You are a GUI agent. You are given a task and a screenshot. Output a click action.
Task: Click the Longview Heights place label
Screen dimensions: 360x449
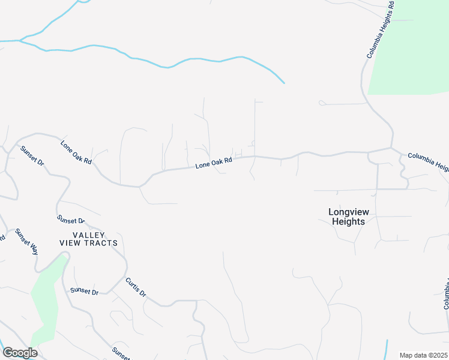coord(348,217)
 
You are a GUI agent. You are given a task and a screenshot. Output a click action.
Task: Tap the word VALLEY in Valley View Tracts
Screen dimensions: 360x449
coord(89,235)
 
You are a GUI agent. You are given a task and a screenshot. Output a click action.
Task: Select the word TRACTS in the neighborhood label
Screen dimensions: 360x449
coord(98,243)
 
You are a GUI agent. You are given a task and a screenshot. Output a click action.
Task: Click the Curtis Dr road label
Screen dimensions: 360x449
coord(136,287)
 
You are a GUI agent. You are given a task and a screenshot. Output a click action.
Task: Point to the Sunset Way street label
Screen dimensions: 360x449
coord(26,241)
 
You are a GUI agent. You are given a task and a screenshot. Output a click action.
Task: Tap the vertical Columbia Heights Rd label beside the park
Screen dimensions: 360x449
coord(380,30)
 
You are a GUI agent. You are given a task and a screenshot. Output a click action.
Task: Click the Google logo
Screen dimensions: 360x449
coord(20,353)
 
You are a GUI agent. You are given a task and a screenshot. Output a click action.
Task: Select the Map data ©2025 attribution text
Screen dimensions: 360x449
coord(423,355)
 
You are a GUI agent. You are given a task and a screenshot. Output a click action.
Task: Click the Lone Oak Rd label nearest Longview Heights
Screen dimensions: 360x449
coord(213,164)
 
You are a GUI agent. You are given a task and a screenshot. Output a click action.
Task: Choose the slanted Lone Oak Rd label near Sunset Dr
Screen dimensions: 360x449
coord(76,152)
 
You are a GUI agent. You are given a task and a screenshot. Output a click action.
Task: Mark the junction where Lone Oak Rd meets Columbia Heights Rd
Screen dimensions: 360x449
coord(391,148)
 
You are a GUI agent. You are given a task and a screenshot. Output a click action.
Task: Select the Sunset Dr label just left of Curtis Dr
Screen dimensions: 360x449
coord(84,291)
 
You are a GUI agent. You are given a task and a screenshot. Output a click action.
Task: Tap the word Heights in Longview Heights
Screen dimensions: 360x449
coord(348,221)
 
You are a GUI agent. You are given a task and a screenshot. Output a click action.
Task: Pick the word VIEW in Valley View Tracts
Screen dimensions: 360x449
coord(70,243)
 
